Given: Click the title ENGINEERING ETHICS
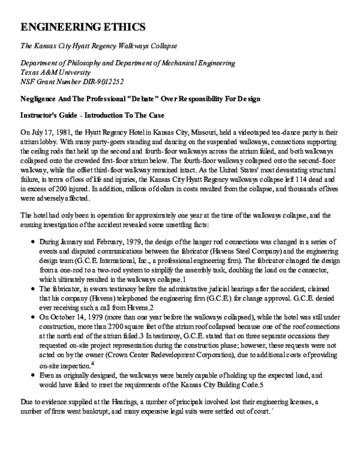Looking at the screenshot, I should coord(82,27).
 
